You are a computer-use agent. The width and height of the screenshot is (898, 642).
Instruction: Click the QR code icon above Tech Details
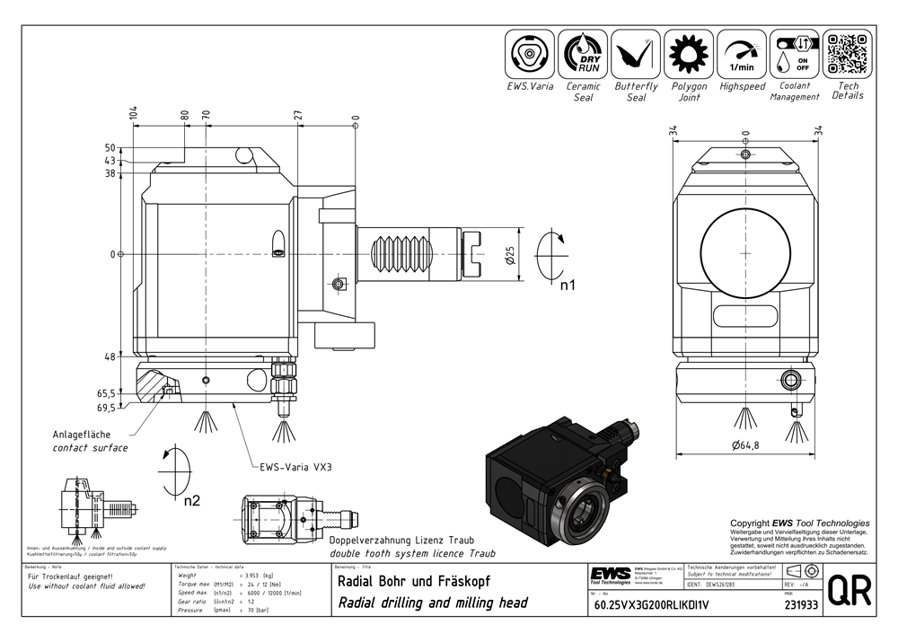pos(848,54)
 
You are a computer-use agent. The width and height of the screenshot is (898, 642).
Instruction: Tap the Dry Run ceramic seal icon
pos(583,54)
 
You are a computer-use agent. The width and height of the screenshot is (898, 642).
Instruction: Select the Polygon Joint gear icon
pos(689,54)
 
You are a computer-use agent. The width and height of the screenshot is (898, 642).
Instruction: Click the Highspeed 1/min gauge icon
pos(742,54)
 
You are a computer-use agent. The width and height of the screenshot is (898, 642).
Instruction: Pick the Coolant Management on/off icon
pos(795,54)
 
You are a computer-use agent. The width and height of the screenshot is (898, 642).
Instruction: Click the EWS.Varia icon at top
pos(530,54)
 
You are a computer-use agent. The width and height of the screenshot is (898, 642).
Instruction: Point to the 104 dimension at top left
pos(134,112)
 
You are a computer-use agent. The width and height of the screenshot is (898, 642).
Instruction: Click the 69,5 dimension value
pos(106,408)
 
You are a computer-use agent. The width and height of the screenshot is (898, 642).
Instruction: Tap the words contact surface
pos(90,447)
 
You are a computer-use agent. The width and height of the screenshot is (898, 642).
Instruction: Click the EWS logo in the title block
pos(610,575)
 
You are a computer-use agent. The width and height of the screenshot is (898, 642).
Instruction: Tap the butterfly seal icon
pos(636,54)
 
